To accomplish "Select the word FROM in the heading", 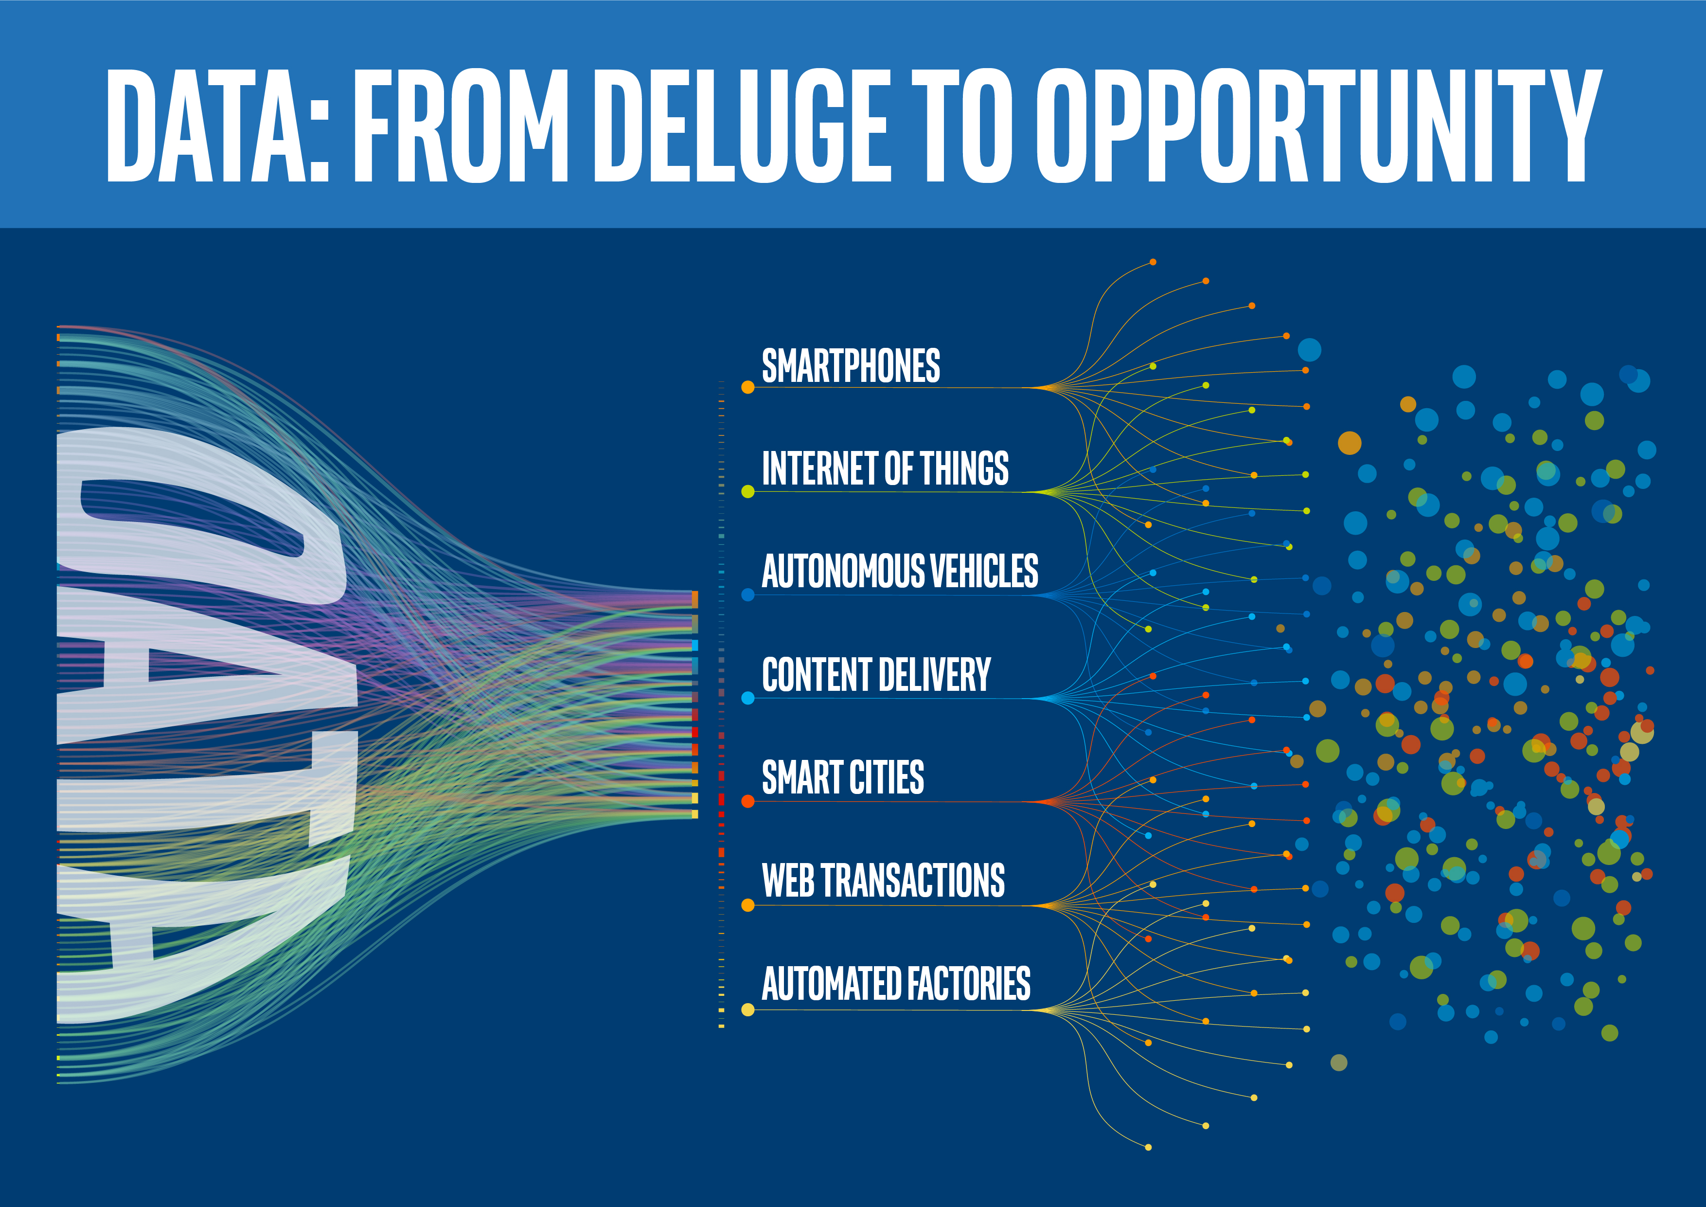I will pos(461,126).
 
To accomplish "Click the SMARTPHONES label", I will pos(851,366).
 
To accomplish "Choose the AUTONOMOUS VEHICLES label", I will pos(900,572).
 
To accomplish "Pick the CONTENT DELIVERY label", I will pos(876,675).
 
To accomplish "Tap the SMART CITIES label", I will pos(843,778).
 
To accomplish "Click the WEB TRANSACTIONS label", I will pos(883,882).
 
